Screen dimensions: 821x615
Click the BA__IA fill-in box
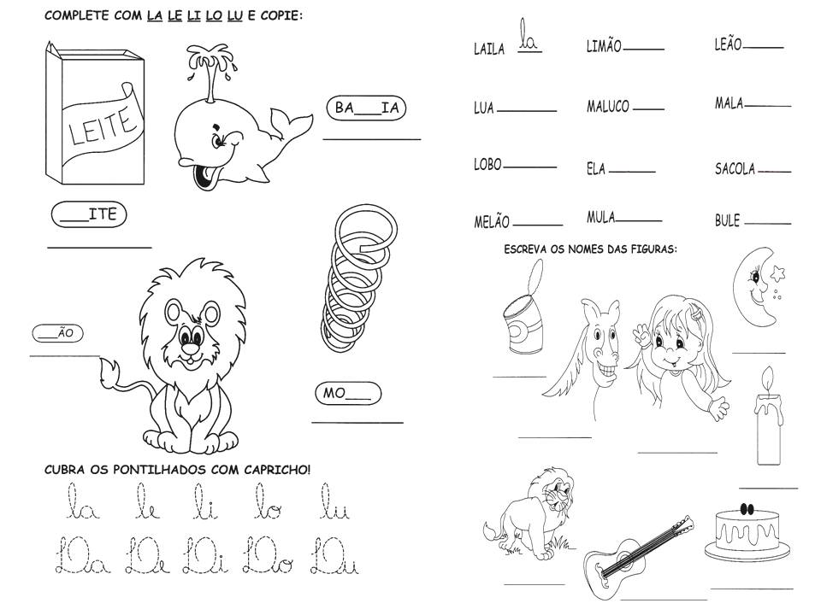pos(366,108)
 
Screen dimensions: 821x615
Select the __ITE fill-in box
pos(89,214)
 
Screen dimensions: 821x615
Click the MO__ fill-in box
pos(348,393)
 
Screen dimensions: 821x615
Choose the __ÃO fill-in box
pos(57,333)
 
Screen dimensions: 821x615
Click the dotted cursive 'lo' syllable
pos(268,501)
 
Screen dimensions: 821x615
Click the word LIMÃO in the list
pos(603,46)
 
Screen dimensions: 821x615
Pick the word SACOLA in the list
pos(735,168)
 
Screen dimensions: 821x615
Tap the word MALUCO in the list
pos(608,106)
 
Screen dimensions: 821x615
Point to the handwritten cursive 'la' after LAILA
pos(529,37)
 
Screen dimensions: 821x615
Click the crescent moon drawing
pos(757,287)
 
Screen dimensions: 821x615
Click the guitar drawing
pos(638,558)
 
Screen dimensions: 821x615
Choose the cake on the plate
pos(747,532)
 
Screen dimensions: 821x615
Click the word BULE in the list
pos(727,220)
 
